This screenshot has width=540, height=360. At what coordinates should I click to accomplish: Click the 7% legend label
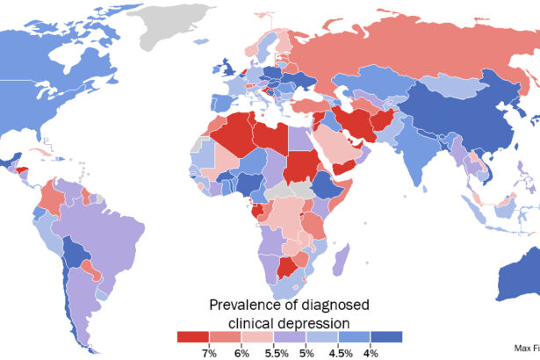209,351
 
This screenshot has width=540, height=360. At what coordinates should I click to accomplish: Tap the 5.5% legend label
275,351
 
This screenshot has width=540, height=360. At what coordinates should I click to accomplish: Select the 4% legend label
371,351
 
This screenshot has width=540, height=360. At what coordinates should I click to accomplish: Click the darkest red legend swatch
192,336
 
